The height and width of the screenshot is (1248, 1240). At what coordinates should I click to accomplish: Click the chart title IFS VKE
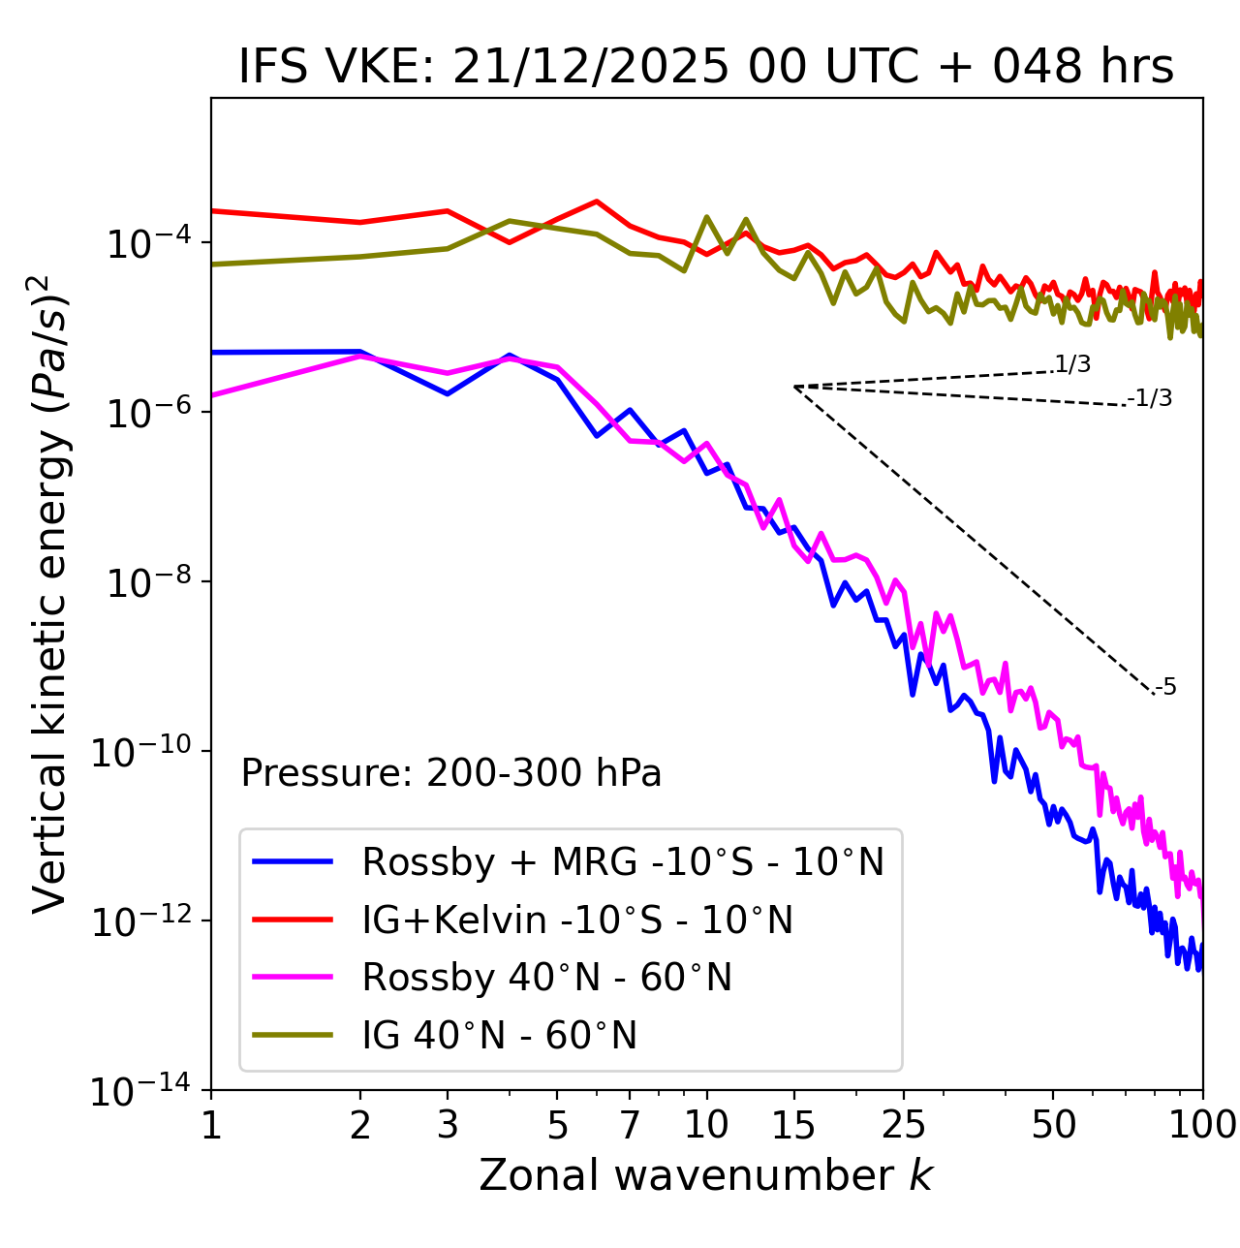(706, 68)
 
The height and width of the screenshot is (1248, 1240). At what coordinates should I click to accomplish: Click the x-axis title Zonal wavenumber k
(706, 1174)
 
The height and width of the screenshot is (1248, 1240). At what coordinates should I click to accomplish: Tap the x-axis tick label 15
(793, 1125)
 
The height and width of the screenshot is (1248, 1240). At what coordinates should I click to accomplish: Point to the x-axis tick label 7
(630, 1125)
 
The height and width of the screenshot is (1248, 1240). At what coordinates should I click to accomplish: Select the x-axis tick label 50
(1054, 1125)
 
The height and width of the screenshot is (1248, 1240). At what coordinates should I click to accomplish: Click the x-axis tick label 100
(1202, 1125)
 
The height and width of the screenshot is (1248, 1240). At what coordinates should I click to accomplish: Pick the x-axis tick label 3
(448, 1125)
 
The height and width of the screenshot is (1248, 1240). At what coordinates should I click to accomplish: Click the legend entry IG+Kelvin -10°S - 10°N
(577, 920)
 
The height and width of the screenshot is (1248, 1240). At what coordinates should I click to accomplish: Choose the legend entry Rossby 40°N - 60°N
(546, 978)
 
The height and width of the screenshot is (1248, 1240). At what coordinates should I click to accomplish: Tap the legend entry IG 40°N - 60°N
(499, 1036)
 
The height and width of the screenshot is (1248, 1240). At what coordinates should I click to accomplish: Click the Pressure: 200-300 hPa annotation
(451, 773)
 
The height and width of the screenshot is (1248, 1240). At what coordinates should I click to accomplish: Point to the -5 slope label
(1166, 688)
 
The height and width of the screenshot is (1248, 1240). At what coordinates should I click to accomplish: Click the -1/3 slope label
(1151, 398)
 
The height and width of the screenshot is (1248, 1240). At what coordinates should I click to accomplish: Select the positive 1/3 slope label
(1073, 364)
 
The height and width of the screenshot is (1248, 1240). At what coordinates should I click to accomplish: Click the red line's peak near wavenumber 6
(597, 202)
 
